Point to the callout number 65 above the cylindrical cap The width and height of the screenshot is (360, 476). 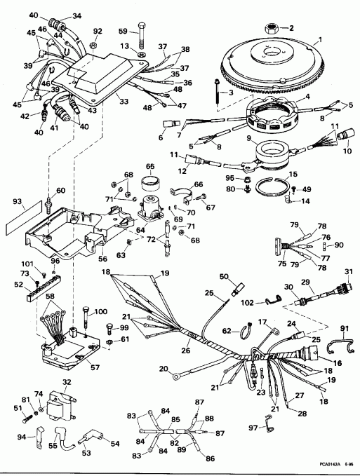pos(149,167)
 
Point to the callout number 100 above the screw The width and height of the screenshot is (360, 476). pos(100,311)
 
